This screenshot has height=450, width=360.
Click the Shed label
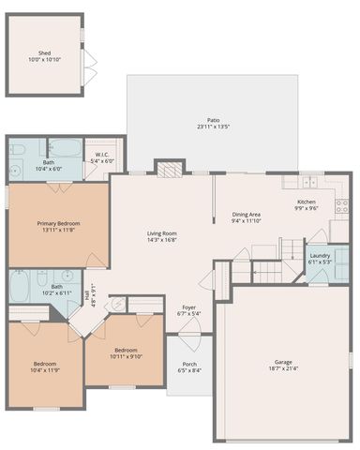(44, 53)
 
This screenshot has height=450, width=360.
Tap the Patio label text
(214, 120)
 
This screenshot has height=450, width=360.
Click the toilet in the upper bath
(18, 149)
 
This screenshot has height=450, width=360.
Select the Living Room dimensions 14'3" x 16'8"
(162, 240)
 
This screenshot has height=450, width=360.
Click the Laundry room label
(320, 255)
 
